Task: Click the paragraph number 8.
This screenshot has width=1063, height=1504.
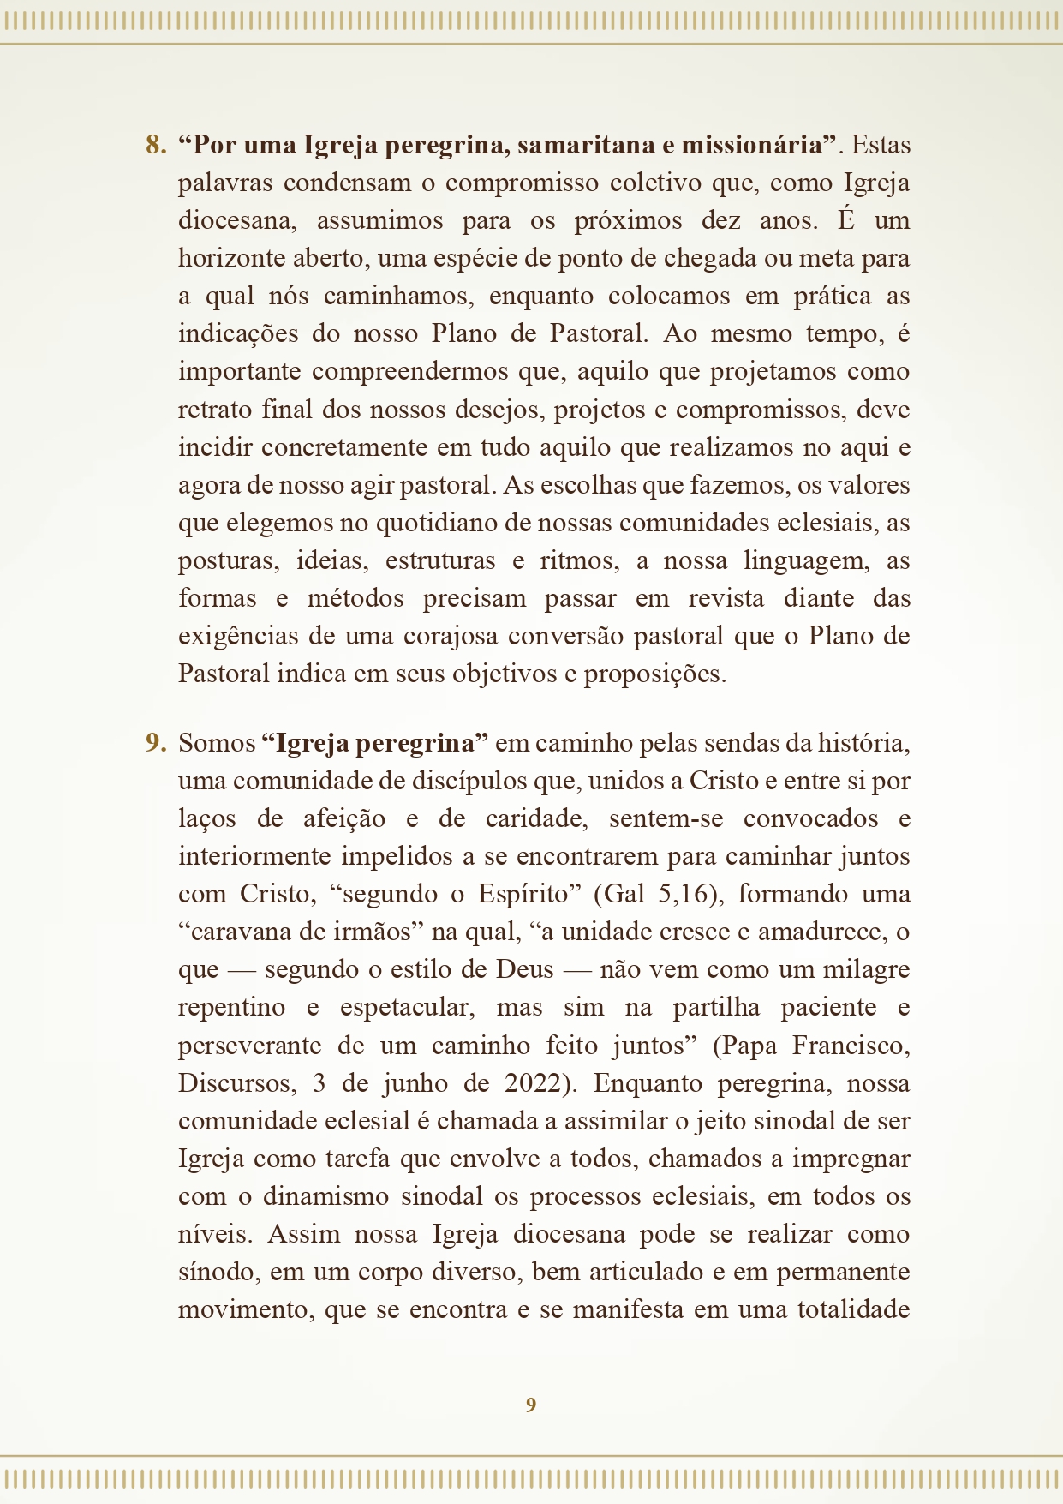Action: coord(155,145)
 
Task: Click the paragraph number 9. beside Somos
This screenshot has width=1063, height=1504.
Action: coord(155,743)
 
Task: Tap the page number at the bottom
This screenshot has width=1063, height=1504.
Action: coord(531,1405)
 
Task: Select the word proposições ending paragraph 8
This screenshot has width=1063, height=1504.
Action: coord(654,674)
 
